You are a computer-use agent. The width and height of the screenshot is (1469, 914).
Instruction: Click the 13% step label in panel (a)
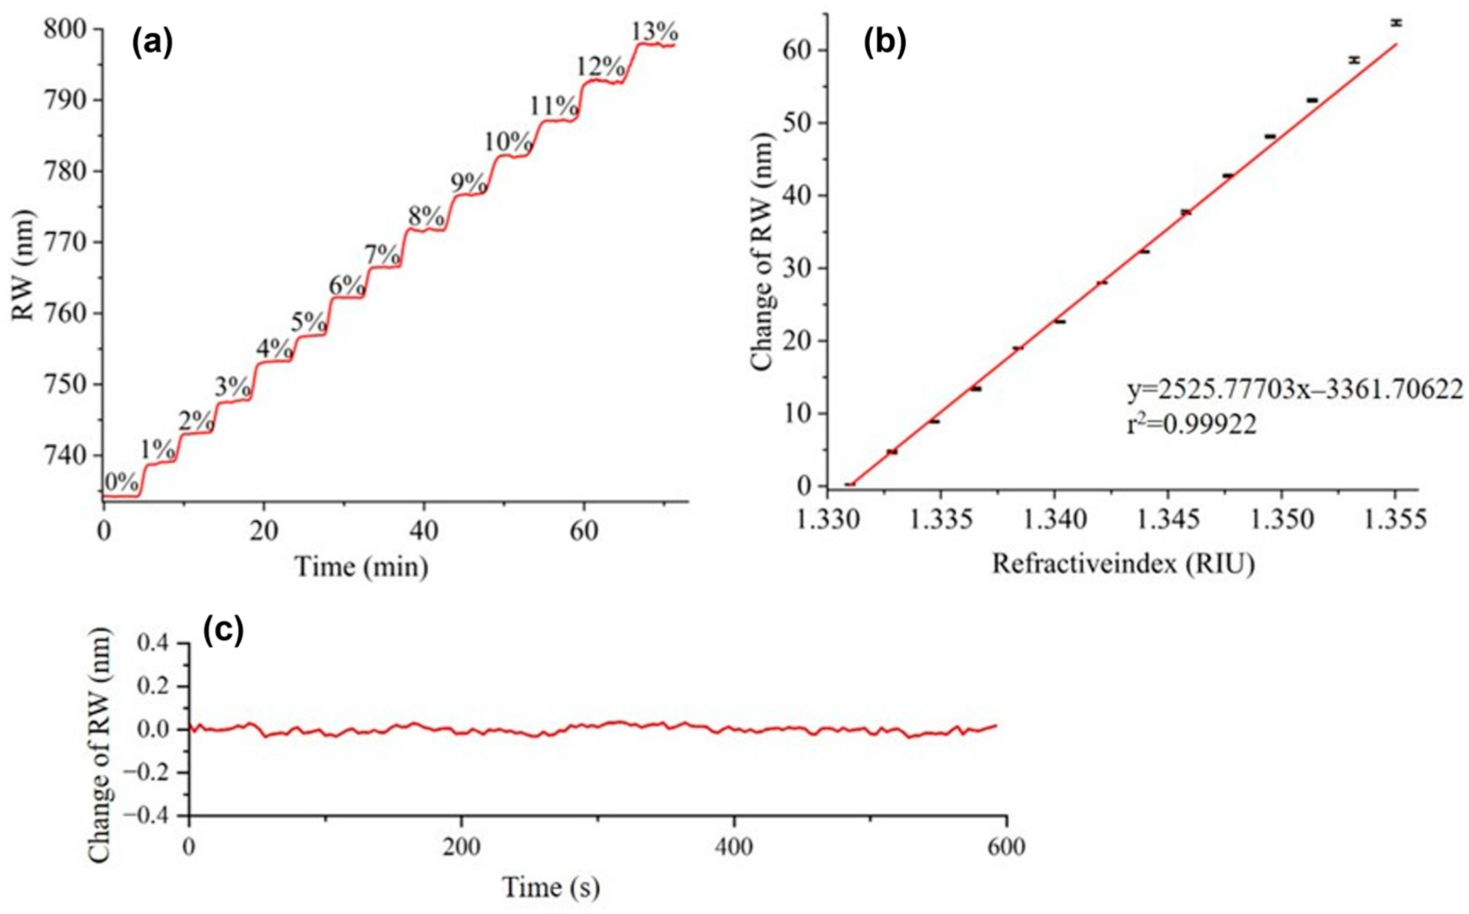(655, 31)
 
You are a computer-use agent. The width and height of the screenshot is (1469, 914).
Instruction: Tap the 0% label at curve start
(121, 482)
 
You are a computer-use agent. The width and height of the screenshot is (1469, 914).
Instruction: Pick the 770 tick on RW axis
(67, 242)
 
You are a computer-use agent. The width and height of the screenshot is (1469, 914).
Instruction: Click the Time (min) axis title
(362, 566)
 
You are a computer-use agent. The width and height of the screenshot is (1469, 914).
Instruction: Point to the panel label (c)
(223, 630)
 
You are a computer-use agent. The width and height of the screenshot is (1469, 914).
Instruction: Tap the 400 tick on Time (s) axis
(734, 847)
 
